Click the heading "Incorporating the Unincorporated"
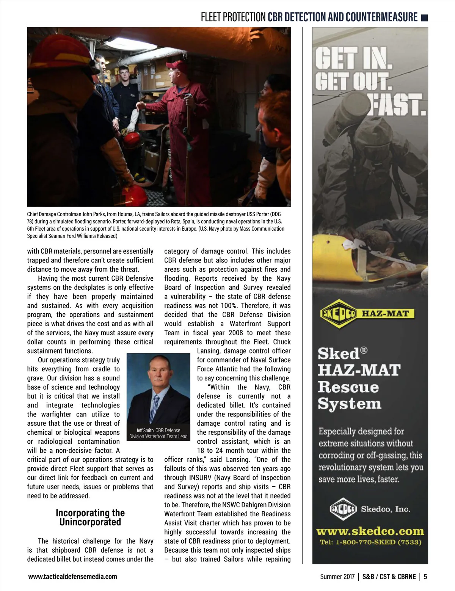point(90,517)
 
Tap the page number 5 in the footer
point(425,577)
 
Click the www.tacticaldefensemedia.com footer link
point(72,577)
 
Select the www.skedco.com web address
point(370,531)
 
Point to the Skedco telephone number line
point(370,542)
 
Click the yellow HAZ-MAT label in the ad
point(386,314)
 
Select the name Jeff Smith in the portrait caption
point(145,430)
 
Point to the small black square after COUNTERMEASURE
point(425,17)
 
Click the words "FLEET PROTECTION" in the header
point(233,17)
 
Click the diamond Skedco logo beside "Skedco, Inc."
point(343,509)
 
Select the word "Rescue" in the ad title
point(348,387)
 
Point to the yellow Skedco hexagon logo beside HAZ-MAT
point(338,314)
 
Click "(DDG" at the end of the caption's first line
point(275,214)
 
